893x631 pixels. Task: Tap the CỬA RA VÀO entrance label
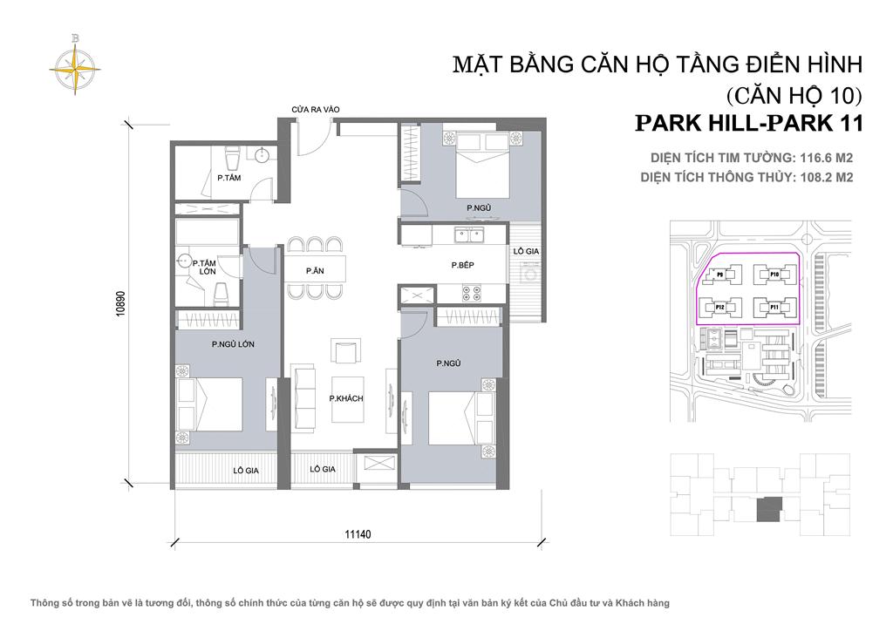[315, 110]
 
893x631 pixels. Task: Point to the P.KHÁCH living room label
[345, 398]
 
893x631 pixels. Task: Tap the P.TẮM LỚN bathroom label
[207, 268]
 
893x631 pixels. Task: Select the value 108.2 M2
[820, 177]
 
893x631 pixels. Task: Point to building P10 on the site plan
[774, 275]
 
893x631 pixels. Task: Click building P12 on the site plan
[721, 307]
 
